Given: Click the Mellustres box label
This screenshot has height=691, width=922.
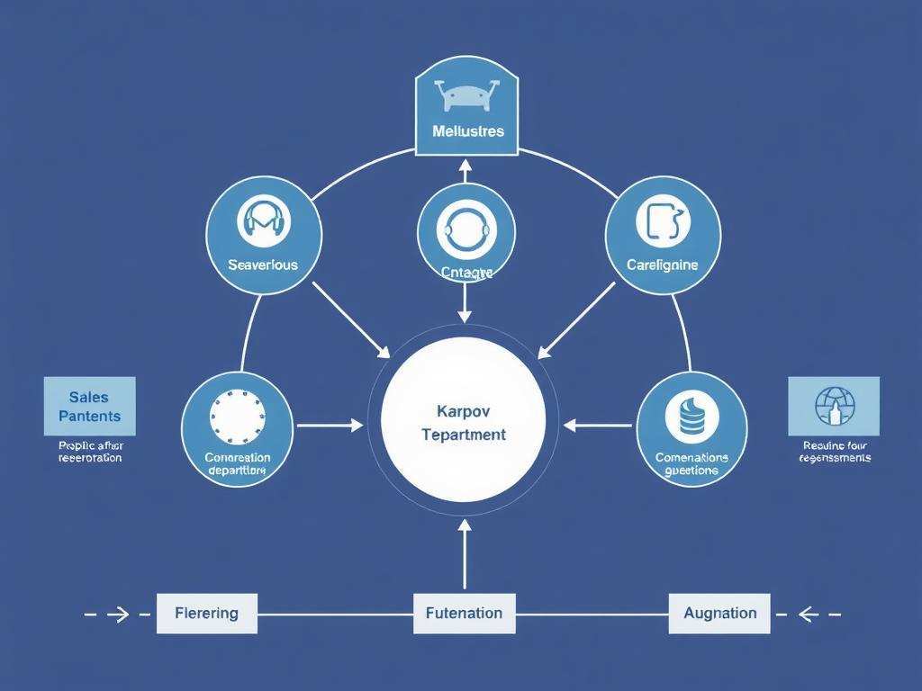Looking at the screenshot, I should [467, 131].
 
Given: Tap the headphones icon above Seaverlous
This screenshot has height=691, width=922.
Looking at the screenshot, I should [263, 221].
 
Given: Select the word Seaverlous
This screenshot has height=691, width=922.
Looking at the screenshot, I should [263, 265].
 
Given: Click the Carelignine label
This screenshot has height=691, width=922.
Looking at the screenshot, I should [662, 265].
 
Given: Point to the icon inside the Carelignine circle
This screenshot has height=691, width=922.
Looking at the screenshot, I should [664, 221].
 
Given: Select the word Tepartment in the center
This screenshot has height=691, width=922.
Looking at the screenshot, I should [464, 435].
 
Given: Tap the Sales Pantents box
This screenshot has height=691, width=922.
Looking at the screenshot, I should [89, 406].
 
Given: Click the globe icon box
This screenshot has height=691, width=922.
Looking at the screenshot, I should [834, 406].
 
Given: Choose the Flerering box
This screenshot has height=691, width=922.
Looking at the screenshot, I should [207, 614].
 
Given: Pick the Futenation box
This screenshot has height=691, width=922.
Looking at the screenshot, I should [464, 614].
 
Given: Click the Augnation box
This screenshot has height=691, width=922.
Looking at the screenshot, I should [719, 614].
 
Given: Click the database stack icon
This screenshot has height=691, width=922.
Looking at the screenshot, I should [691, 415].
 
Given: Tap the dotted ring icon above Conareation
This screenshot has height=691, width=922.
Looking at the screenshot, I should [238, 415].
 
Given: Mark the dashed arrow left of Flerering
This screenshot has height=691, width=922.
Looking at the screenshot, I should [118, 615].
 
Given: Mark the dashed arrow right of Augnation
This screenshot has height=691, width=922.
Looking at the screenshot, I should [808, 615].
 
